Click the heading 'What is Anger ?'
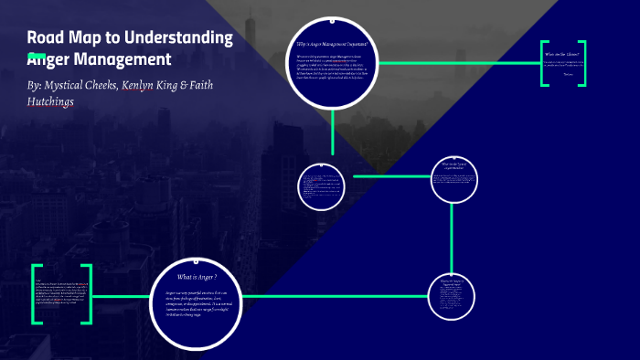(x=197, y=277)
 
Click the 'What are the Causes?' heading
(x=562, y=55)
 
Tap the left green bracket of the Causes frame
(x=542, y=63)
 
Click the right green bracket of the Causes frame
(x=582, y=63)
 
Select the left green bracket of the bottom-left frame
(x=35, y=294)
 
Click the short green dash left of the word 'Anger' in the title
(x=37, y=56)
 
